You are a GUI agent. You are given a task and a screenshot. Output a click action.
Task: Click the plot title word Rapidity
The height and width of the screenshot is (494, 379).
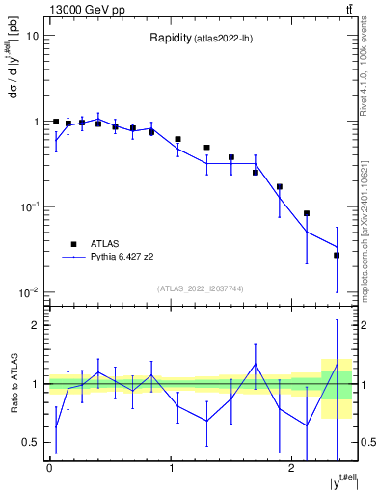pos(168,39)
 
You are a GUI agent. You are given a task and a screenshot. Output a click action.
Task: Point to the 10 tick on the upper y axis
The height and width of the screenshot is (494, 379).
pos(32,36)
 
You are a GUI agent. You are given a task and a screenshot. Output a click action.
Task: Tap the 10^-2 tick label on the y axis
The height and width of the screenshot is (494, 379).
pos(29,292)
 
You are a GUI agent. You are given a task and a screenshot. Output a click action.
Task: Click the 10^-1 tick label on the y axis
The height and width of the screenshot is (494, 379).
pos(29,206)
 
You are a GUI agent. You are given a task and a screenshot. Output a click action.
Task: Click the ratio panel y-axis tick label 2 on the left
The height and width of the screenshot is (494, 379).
pos(36,325)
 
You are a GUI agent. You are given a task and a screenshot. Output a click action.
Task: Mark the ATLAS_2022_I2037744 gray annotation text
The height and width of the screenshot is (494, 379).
pos(201,288)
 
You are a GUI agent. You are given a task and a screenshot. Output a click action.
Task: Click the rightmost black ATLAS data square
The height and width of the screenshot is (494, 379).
pos(337,255)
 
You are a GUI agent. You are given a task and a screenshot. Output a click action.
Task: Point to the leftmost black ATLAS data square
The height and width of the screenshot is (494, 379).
pos(56,123)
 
